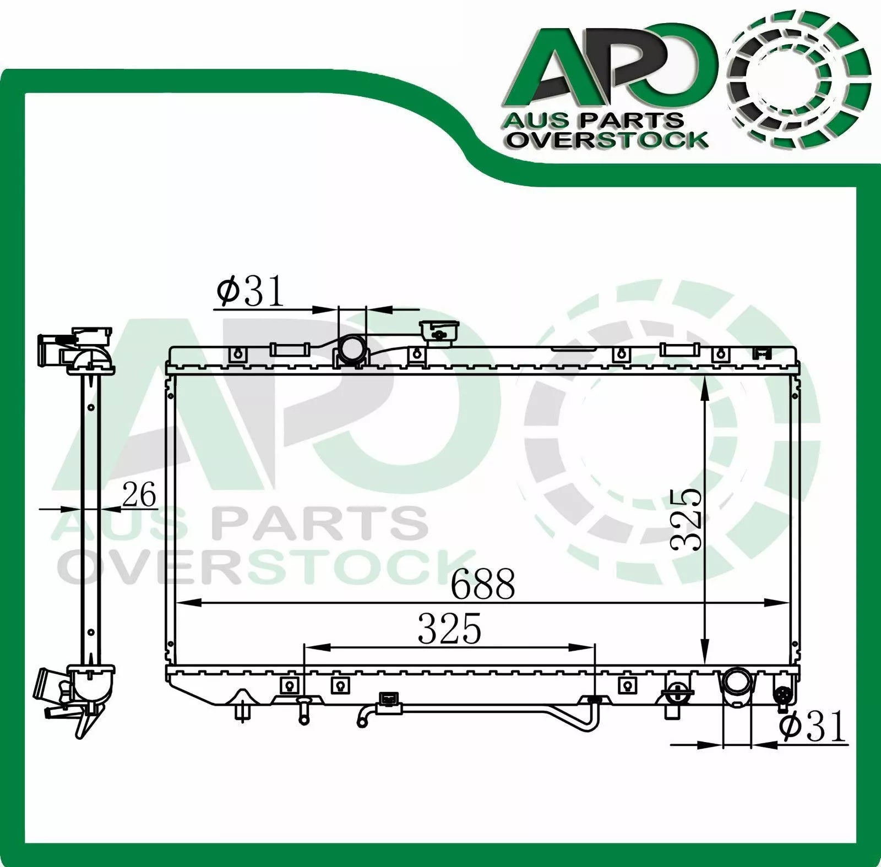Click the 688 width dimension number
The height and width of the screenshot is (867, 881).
pos(483,584)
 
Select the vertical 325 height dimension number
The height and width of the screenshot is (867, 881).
pos(687,519)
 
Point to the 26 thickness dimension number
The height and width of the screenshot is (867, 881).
pos(139,494)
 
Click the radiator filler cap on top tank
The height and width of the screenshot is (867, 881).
pos(439,333)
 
